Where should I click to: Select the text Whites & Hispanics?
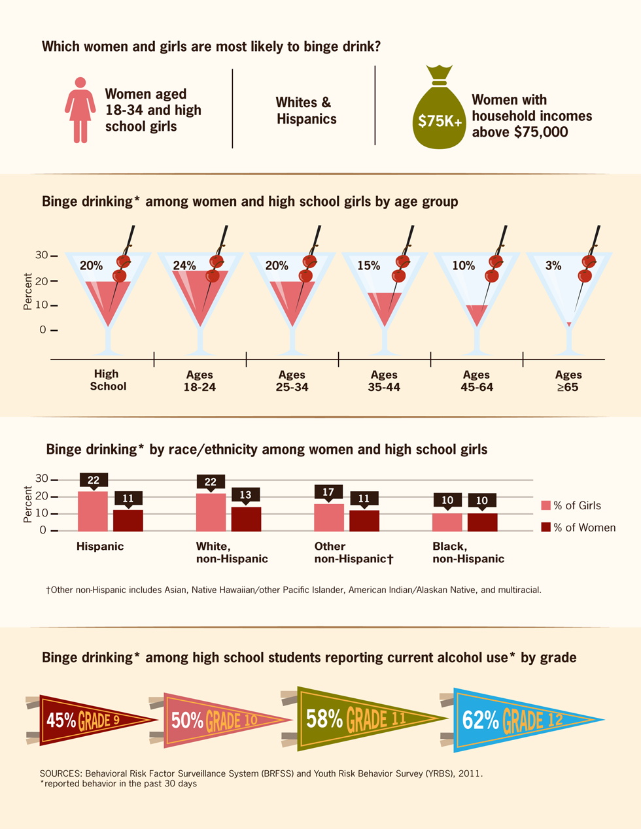[305, 110]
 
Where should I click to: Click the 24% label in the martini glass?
[184, 265]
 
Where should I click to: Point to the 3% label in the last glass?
[553, 265]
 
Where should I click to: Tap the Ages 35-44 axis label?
[384, 381]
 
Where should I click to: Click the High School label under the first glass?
[107, 380]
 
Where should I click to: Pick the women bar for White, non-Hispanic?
[246, 519]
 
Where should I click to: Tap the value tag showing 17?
[328, 492]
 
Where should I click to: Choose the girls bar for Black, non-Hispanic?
[447, 522]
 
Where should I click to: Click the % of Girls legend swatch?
[546, 505]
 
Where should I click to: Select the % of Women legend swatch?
[546, 527]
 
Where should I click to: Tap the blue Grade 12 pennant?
[517, 720]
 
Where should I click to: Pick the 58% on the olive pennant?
[324, 719]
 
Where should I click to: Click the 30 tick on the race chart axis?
[42, 479]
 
